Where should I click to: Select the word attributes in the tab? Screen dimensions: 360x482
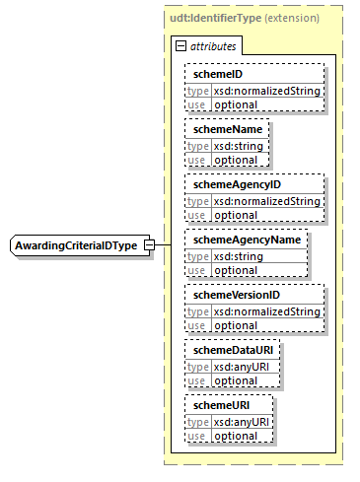[212, 46]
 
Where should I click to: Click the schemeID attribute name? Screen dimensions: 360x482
[218, 74]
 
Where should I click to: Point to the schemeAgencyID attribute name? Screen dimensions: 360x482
[238, 184]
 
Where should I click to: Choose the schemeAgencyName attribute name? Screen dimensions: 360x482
[246, 240]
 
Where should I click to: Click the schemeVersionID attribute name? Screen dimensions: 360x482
[237, 295]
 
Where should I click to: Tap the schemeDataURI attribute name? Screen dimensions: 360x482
[232, 350]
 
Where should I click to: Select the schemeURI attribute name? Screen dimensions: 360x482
[221, 405]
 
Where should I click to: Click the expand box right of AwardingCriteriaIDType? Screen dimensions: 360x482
[149, 244]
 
